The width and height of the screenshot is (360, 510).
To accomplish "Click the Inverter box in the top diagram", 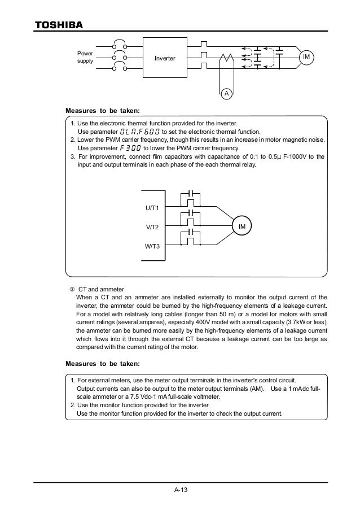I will pos(165,58).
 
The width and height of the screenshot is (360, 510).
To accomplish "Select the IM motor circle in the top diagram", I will pos(308,58).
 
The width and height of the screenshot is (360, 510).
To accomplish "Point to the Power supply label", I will pos(85,58).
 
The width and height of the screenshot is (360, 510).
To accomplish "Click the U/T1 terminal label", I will pos(152,208).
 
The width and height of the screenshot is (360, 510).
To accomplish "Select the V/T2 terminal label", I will pos(152,227).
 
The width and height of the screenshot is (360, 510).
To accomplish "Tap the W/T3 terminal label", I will pos(152,246).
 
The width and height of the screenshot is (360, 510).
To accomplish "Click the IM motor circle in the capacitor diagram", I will pos(242,227).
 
